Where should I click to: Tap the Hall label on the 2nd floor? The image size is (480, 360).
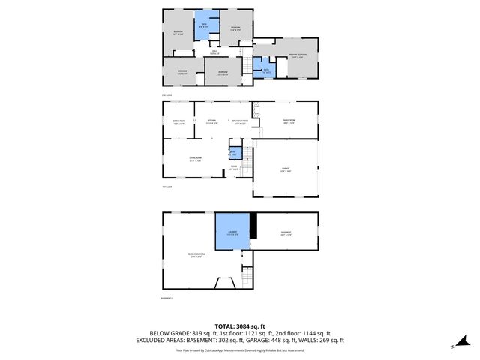click(214, 52)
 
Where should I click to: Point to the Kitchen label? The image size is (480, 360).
click(212, 122)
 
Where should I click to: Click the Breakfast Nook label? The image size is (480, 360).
click(240, 122)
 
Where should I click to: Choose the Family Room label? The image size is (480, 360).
click(289, 122)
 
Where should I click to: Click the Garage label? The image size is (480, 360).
click(286, 169)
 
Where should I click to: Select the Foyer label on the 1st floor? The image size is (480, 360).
click(234, 169)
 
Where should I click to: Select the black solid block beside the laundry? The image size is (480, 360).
click(254, 226)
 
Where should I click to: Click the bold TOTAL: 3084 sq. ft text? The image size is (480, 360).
click(240, 325)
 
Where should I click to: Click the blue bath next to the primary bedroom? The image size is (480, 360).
click(266, 70)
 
